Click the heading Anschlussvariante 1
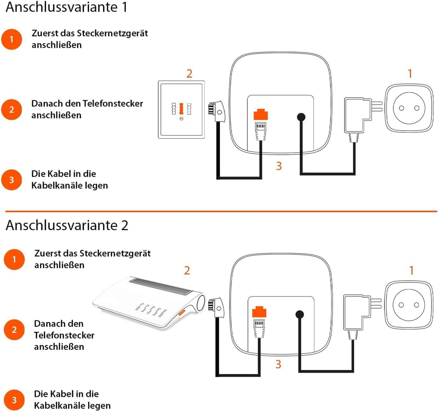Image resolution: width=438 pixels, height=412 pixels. coord(66,7)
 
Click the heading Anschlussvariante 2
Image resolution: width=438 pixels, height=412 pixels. coord(67,225)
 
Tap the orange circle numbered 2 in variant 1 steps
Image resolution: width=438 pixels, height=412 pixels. coord(12,109)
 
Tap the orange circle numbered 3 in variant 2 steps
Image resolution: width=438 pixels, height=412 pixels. coord(14,400)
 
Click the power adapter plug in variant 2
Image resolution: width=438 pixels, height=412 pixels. coord(357,313)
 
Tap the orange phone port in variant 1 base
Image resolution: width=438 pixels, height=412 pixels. coord(261,115)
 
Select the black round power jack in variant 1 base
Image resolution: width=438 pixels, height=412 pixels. coord(301,117)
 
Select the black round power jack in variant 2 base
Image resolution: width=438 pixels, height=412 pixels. coord(300,315)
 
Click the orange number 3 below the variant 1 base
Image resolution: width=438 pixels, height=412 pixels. coord(279,166)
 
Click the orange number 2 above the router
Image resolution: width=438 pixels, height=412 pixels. coord(187,270)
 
